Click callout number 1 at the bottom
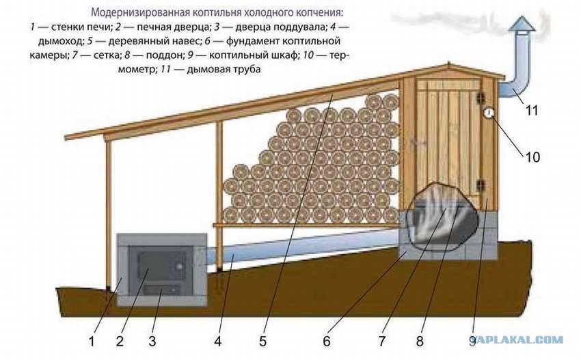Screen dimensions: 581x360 [x=92, y=341]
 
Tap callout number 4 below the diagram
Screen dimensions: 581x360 [x=218, y=341]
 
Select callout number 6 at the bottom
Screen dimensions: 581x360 [x=327, y=341]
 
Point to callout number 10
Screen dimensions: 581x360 [x=532, y=157]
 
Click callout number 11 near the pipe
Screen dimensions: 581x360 [x=532, y=111]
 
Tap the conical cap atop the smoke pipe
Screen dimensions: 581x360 [x=522, y=25]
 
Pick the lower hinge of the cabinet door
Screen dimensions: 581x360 [x=481, y=184]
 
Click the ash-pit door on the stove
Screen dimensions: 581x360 [x=162, y=290]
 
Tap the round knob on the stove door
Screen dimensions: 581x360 [x=179, y=266]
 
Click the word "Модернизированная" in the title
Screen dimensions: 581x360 [x=140, y=12]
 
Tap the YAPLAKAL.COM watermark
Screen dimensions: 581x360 [x=519, y=340]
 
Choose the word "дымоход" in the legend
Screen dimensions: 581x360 [x=61, y=41]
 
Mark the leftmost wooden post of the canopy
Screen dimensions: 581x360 [x=108, y=214]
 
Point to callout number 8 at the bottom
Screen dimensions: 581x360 [x=420, y=341]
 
